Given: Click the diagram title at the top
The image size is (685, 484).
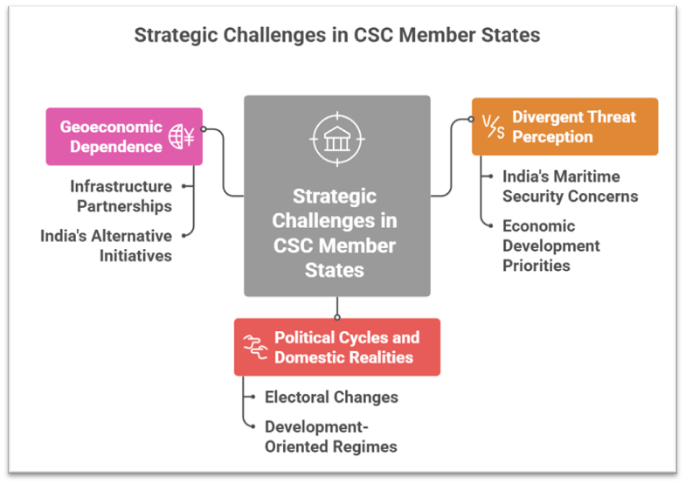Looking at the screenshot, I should point(336,36).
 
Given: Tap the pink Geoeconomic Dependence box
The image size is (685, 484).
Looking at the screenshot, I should point(123,136).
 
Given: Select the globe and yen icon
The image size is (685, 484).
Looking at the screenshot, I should point(182,136).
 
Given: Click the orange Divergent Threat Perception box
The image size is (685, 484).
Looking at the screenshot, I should point(564,127).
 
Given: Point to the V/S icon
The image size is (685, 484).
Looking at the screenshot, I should point(495,128).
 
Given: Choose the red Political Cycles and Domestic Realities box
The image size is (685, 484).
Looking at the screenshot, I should point(336,347).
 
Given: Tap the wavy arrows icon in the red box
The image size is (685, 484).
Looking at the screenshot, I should point(254,347).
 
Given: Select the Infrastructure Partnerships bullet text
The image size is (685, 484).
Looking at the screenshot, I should point(121,196).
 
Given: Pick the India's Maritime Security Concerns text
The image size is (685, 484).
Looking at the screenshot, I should point(570,186).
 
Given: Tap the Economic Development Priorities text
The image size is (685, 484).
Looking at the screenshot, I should point(550,245).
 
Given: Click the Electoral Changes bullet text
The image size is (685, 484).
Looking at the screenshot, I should point(331,397).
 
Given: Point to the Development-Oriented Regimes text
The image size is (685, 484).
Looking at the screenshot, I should point(330,437).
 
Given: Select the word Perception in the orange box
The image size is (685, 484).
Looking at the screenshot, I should point(551,137).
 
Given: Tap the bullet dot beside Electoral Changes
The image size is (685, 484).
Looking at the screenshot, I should point(253,397).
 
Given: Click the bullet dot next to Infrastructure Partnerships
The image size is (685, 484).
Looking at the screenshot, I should point(184,186).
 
